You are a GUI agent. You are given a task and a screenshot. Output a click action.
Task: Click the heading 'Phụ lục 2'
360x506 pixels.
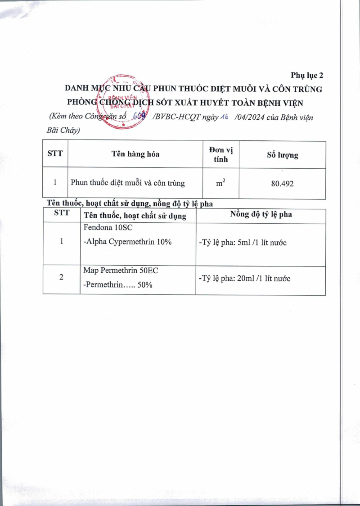pos(307,75)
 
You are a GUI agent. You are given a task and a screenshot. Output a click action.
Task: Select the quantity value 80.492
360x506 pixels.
pos(282,184)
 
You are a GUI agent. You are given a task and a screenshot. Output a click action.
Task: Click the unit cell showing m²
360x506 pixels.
pos(220,183)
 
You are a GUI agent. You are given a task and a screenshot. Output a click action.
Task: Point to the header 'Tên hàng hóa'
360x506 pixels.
pos(135,154)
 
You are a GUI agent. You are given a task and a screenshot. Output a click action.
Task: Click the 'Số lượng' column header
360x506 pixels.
pos(282,155)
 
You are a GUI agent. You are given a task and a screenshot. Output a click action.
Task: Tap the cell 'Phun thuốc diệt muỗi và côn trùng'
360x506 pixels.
pos(127,183)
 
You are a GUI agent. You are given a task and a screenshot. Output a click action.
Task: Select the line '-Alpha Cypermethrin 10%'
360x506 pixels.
pos(128,242)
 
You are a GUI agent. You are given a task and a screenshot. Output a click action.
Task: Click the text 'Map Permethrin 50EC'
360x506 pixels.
pos(121,270)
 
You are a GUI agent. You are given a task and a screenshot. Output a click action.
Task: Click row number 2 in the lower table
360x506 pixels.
pos(61,277)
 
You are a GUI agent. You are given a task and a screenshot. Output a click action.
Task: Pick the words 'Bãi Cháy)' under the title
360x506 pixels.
pos(63,131)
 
